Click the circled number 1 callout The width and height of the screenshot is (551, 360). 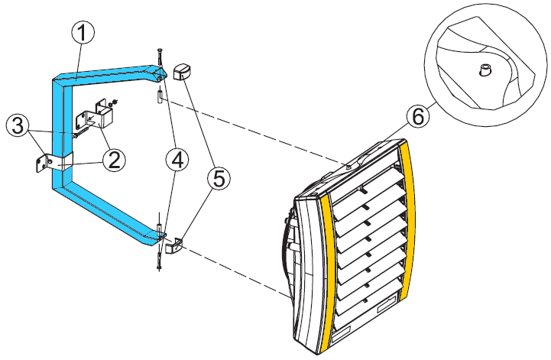click(x=84, y=33)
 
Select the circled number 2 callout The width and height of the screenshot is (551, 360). click(x=112, y=160)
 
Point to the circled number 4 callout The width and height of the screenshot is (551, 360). click(x=177, y=160)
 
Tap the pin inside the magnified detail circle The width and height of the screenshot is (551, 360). click(x=485, y=70)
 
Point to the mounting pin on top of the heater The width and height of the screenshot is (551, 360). click(x=348, y=164)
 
